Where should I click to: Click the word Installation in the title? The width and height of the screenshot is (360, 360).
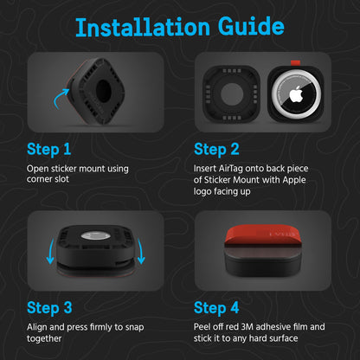[x=143, y=27]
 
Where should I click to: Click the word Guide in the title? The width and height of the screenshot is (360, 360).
[x=251, y=27]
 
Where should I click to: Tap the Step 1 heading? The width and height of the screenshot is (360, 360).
[x=49, y=150]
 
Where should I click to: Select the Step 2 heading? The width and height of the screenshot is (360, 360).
[x=216, y=150]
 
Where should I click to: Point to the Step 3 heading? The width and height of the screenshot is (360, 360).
[x=49, y=308]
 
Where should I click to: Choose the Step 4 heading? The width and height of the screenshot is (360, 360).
[x=216, y=308]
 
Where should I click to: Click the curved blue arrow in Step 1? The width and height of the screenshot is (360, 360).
[x=61, y=99]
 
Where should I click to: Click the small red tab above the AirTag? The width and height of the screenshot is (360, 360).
[x=295, y=63]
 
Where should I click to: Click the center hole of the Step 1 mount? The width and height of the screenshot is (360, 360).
[x=103, y=91]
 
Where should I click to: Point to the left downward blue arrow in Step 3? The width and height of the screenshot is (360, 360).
[x=50, y=251]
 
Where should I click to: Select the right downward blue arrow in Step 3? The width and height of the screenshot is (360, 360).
[x=140, y=251]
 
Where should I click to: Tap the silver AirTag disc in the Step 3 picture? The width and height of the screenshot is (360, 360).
[x=95, y=235]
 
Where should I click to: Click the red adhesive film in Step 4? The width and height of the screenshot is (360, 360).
[x=263, y=235]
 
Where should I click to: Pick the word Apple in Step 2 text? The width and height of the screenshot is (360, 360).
[x=294, y=180]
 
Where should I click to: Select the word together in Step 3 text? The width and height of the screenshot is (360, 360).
[x=44, y=338]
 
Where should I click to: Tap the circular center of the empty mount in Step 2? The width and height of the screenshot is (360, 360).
[x=232, y=94]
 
